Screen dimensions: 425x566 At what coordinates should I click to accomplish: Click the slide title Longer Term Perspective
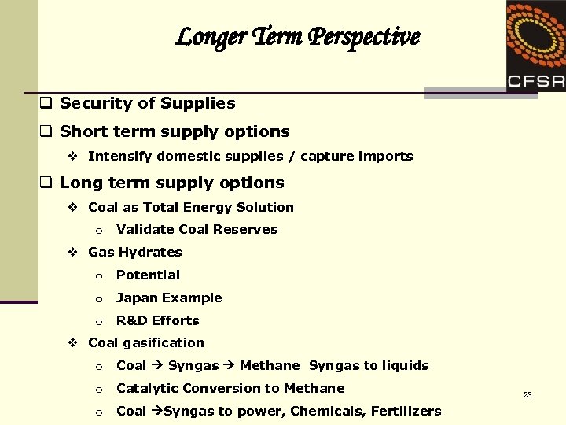(x=298, y=37)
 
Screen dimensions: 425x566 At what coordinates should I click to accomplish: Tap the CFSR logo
(x=535, y=47)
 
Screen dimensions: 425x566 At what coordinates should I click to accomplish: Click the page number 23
(x=527, y=394)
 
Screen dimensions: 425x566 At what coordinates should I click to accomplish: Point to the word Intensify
(x=120, y=156)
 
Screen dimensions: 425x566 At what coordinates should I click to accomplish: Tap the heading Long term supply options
(x=171, y=183)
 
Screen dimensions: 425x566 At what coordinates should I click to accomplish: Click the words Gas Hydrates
(x=135, y=252)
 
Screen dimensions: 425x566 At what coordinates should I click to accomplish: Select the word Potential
(x=148, y=275)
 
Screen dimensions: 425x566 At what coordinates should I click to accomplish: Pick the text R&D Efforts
(x=157, y=320)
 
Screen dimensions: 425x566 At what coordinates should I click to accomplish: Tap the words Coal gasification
(x=146, y=342)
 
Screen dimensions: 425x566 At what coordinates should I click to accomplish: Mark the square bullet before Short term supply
(x=46, y=131)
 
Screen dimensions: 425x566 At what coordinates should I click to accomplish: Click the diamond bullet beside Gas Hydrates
(x=72, y=252)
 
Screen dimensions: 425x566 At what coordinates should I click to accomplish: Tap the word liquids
(x=404, y=365)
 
